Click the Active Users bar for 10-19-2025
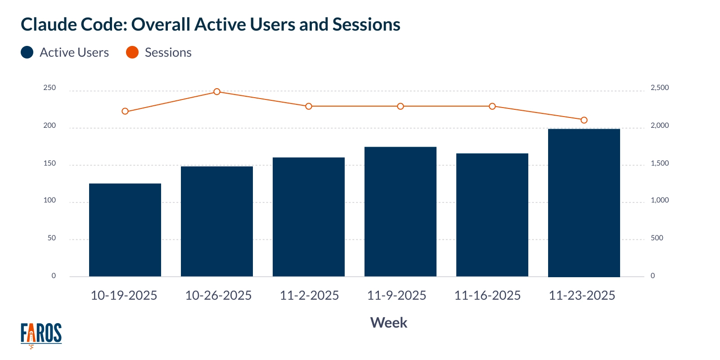pos(125,230)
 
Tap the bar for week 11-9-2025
pos(400,211)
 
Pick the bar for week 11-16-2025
pos(492,215)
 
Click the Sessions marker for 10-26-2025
pos(217,92)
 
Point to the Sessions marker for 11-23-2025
pos(584,120)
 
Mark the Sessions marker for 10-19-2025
pos(125,111)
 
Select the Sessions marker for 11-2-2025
pos(309,107)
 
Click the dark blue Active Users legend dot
pos(27,52)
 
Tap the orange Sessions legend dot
pos(132,52)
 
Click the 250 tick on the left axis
pos(49,88)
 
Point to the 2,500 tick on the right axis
pos(660,88)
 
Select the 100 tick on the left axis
pos(49,200)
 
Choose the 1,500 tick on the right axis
pos(660,163)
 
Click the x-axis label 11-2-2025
pos(309,295)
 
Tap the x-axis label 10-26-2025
pos(218,295)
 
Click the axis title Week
pos(388,323)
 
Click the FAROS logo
pos(41,334)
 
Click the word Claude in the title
pos(49,25)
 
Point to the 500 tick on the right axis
pos(657,238)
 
